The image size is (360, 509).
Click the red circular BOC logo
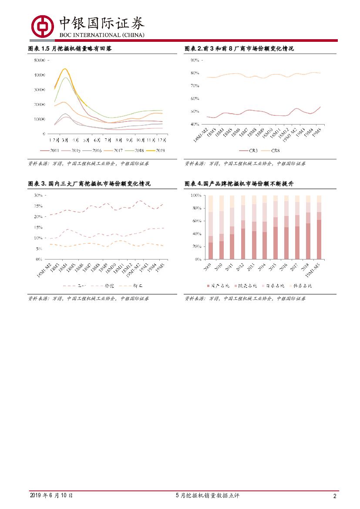tap(42, 26)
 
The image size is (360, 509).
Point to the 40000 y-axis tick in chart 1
tap(40, 75)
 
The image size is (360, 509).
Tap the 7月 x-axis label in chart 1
tap(108, 140)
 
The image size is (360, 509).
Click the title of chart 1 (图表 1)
tap(70, 49)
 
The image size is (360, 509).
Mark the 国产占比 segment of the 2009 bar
tap(211, 251)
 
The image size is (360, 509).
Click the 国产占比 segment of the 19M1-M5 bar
tap(319, 239)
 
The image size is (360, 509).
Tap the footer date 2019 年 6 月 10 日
tap(51, 496)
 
